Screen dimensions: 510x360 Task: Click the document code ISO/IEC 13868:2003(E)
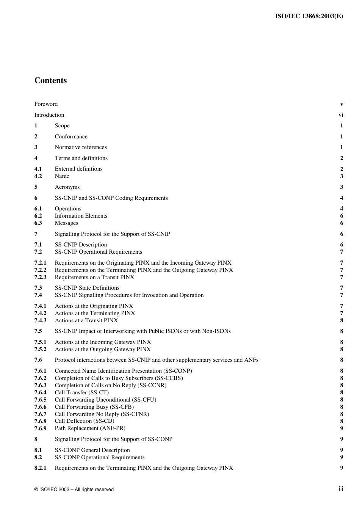[x=308, y=16]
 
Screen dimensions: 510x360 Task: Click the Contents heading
[x=50, y=80]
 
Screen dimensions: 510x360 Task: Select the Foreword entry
[x=46, y=104]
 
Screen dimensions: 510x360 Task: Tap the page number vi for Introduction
[x=341, y=115]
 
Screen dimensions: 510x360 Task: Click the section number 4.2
[x=38, y=176]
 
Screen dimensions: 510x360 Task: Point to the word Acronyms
[x=67, y=187]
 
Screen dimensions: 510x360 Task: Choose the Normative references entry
[x=81, y=147]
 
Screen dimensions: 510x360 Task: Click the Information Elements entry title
[x=81, y=216]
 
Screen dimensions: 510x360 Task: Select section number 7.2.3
[x=40, y=277]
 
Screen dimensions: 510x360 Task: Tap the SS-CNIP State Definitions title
[x=87, y=288]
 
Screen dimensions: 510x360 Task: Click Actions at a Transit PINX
[x=86, y=320]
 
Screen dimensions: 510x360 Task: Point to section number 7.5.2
[x=40, y=349]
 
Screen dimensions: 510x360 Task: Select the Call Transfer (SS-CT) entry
[x=81, y=392]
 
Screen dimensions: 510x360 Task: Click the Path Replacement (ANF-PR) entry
[x=90, y=428]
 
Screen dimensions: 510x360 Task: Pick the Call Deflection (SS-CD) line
[x=84, y=421]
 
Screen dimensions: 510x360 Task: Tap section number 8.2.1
[x=40, y=468]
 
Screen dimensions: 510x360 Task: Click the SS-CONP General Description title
[x=92, y=450]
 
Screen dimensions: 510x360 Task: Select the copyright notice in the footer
[x=74, y=490]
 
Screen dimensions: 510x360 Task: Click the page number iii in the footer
[x=341, y=489]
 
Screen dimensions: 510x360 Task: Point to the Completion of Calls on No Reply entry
[x=110, y=385]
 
